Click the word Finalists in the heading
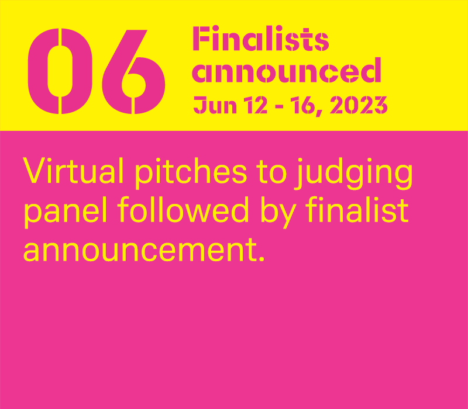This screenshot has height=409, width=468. pos(261,39)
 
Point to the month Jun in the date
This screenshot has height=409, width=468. pos(215,105)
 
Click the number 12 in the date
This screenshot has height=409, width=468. pos(256,105)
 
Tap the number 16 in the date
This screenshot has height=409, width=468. pos(302,105)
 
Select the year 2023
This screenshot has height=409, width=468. pos(359,105)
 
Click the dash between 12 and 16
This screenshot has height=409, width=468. pos(279,106)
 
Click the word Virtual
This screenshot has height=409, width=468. pos(73,170)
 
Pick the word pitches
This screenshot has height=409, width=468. pos(191,173)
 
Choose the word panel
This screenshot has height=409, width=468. pos(66,212)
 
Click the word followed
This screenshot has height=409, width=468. pos(183,209)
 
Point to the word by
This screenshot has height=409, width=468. pos(279,212)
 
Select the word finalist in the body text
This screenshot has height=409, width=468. pos(357,209)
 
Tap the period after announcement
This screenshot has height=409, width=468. pos(261,259)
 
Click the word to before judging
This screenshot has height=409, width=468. pos(271,172)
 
